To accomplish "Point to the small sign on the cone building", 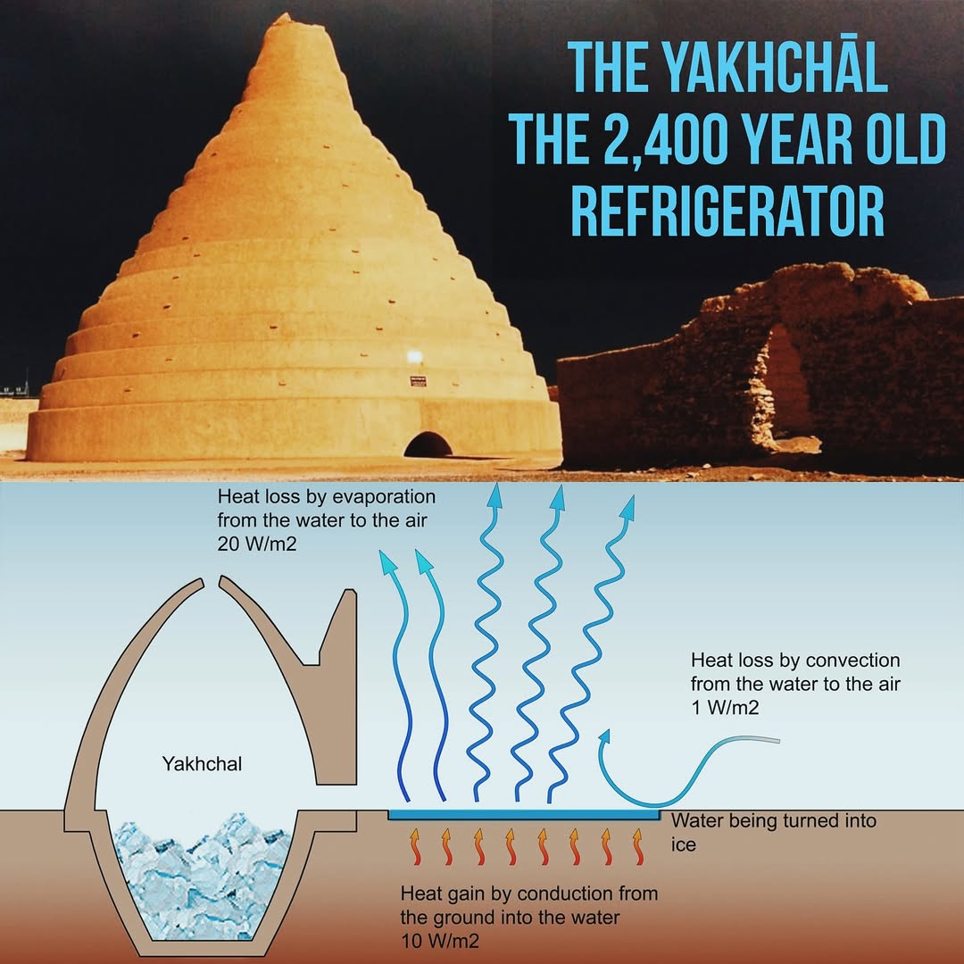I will (x=418, y=381).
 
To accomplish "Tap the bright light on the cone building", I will (x=413, y=357).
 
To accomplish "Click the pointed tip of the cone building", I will (x=283, y=17).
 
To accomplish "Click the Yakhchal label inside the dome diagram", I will (x=203, y=764).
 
